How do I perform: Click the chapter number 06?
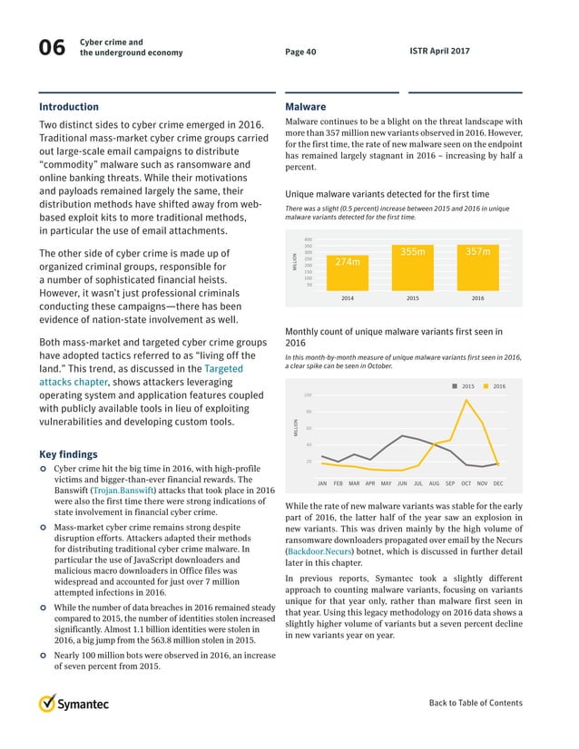click(x=50, y=50)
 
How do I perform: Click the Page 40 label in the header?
click(x=300, y=52)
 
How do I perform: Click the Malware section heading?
click(x=305, y=106)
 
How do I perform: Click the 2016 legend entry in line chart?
click(x=493, y=386)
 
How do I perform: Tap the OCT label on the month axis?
click(x=466, y=483)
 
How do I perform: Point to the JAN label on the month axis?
click(x=322, y=483)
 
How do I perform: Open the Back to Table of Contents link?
click(x=476, y=703)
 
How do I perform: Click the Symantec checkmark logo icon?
click(x=48, y=704)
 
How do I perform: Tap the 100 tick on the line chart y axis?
click(x=308, y=394)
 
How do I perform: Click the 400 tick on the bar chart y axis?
click(x=309, y=239)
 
